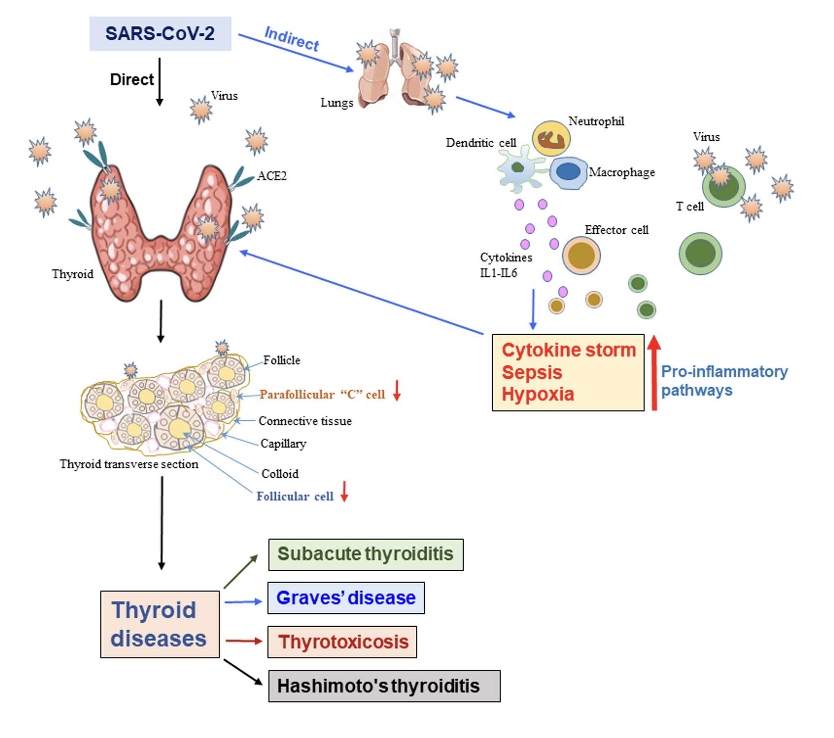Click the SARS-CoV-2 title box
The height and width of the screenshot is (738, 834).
pos(160,34)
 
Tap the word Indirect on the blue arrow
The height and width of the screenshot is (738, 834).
pos(291,39)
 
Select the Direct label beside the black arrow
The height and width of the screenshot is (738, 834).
pos(132,79)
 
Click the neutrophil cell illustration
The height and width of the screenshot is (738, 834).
pos(551,139)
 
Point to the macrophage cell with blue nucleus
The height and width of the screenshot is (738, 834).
pos(568,172)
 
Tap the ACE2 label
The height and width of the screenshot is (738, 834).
pos(272,176)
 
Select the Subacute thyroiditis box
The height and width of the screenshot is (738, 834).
pos(366,554)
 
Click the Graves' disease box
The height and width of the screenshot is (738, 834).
pos(346,598)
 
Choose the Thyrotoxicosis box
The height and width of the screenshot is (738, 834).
pos(342,642)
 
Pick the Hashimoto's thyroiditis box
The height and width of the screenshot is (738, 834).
pos(384,686)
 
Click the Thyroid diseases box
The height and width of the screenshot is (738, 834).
pos(160,624)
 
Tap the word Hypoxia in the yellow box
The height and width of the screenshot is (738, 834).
pos(537,394)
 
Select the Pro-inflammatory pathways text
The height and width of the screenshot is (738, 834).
pos(724,380)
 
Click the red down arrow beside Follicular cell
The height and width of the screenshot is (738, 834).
pos(344,491)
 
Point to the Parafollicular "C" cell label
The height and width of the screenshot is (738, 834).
pos(322,394)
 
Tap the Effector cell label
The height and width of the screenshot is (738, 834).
pos(616,230)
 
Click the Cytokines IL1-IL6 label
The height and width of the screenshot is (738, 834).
pos(505,265)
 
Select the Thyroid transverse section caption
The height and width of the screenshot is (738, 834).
pos(129,464)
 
